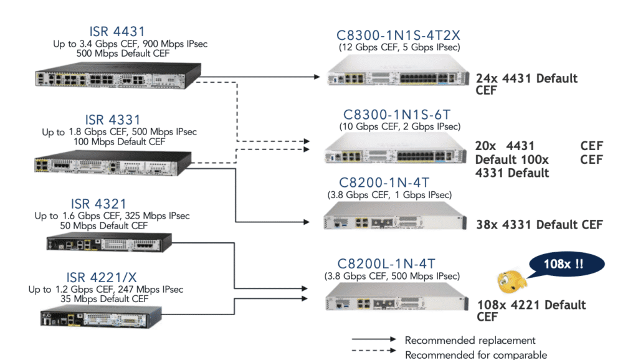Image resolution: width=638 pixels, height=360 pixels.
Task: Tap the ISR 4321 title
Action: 98,204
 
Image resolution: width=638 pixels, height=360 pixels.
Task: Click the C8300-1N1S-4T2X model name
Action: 399,35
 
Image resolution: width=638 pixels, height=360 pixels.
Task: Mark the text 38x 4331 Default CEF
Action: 540,224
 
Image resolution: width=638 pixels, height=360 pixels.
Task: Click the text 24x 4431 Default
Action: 526,78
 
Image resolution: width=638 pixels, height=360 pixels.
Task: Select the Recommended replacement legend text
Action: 470,340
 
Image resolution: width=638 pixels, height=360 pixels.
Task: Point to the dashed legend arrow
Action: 373,354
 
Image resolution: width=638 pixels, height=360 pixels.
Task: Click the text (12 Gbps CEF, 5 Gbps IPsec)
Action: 399,47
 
